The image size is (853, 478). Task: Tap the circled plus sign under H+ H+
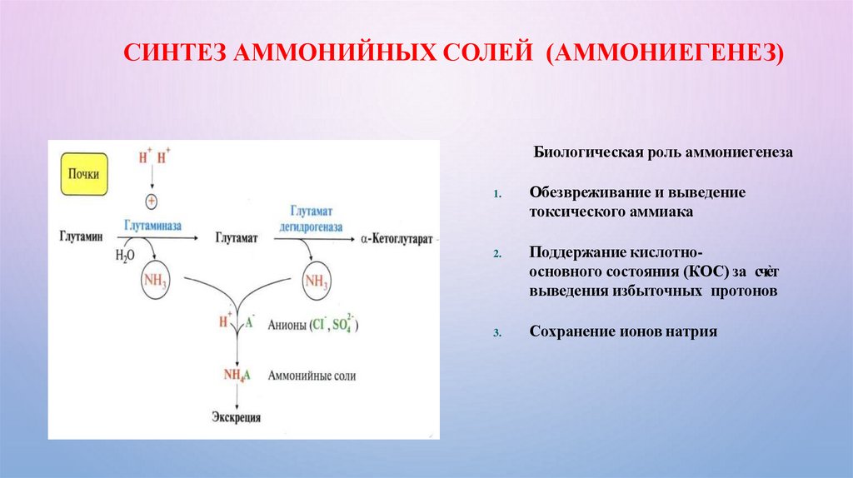tap(152, 201)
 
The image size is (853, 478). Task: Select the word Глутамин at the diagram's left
tap(82, 238)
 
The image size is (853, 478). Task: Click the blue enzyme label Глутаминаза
tap(154, 226)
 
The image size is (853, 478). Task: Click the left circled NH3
tap(156, 282)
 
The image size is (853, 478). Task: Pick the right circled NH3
tap(315, 281)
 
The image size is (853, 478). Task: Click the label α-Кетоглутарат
tap(397, 238)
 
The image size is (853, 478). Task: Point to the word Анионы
tap(286, 324)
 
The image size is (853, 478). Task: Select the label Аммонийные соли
tap(312, 376)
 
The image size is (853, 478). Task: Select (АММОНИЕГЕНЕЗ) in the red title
tap(665, 57)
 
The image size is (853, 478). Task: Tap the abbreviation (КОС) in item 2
tap(702, 272)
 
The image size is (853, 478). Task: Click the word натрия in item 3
tap(688, 331)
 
